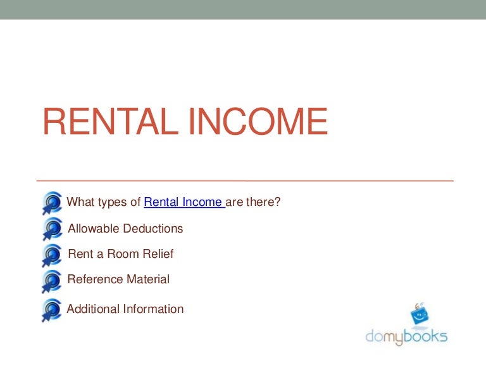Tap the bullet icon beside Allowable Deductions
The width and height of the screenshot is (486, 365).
52,229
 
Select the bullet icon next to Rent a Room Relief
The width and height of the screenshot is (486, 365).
52,255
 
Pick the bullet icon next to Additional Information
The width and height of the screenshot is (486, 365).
52,309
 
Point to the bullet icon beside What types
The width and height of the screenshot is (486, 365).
52,202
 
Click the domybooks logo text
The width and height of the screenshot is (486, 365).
406,336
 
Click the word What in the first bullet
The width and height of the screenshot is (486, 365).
80,203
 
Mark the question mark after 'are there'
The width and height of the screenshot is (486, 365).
277,203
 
